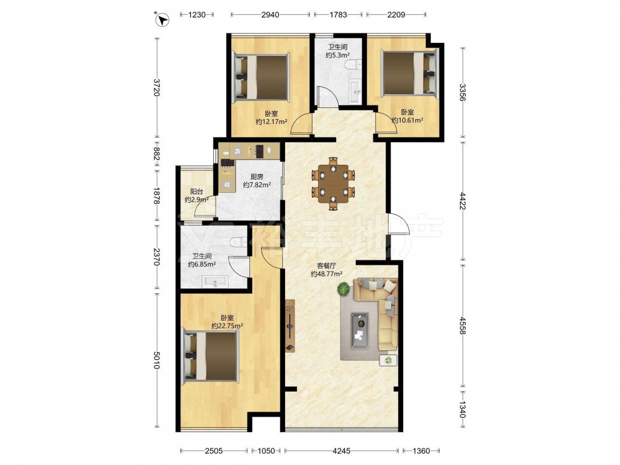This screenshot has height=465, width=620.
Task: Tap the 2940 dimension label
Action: coord(270,15)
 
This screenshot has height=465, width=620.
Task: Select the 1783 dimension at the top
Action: coord(338,15)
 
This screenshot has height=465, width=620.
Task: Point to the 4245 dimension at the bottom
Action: coord(341,450)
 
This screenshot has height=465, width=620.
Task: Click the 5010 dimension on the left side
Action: coord(157,360)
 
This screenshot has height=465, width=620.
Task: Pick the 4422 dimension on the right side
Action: coord(463,200)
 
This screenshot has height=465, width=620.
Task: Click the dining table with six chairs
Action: coord(333,184)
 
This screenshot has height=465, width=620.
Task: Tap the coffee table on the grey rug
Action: coord(360,330)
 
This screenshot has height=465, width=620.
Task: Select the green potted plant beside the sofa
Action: coord(343,290)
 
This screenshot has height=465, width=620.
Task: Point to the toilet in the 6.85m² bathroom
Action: coord(239,241)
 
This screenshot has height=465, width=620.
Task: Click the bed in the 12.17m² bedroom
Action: coord(261,77)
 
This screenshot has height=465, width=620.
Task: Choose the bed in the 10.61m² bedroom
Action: coord(410,73)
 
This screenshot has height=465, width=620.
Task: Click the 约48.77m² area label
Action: coord(327,273)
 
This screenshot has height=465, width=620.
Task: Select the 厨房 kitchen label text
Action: coord(257,177)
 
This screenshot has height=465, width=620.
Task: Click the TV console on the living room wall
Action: coord(290,326)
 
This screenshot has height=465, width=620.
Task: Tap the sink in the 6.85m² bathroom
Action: coord(215,282)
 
